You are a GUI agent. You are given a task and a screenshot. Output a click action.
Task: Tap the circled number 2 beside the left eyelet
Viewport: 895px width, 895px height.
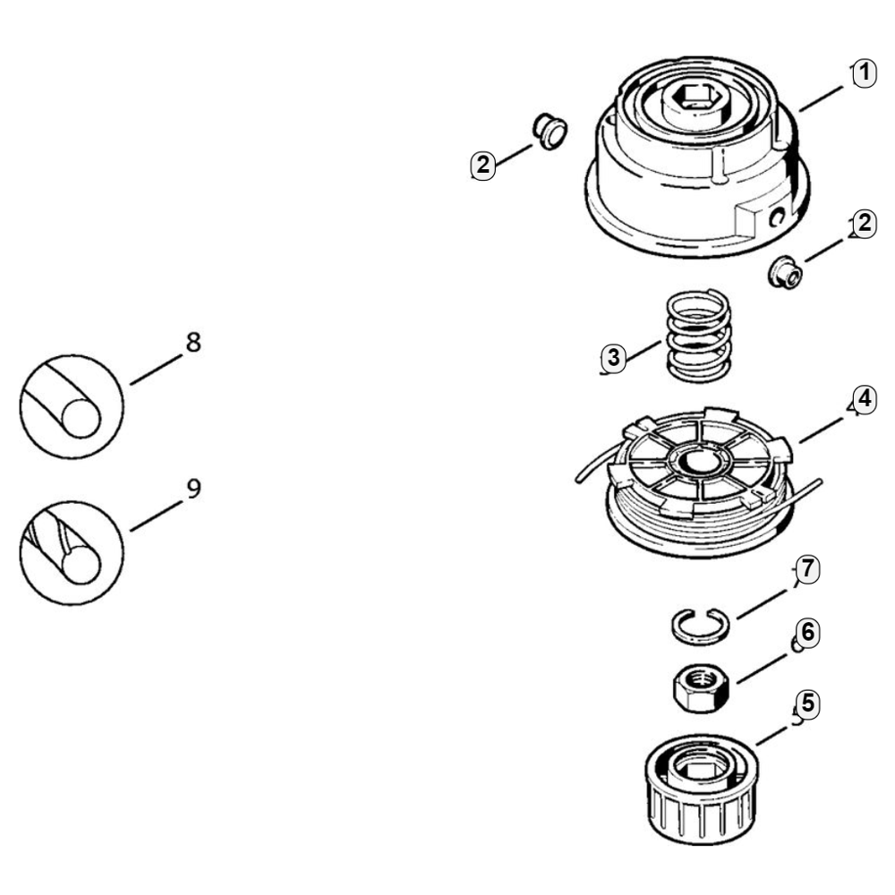coord(483,164)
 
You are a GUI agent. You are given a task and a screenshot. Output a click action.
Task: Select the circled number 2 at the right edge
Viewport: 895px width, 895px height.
coord(863,225)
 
